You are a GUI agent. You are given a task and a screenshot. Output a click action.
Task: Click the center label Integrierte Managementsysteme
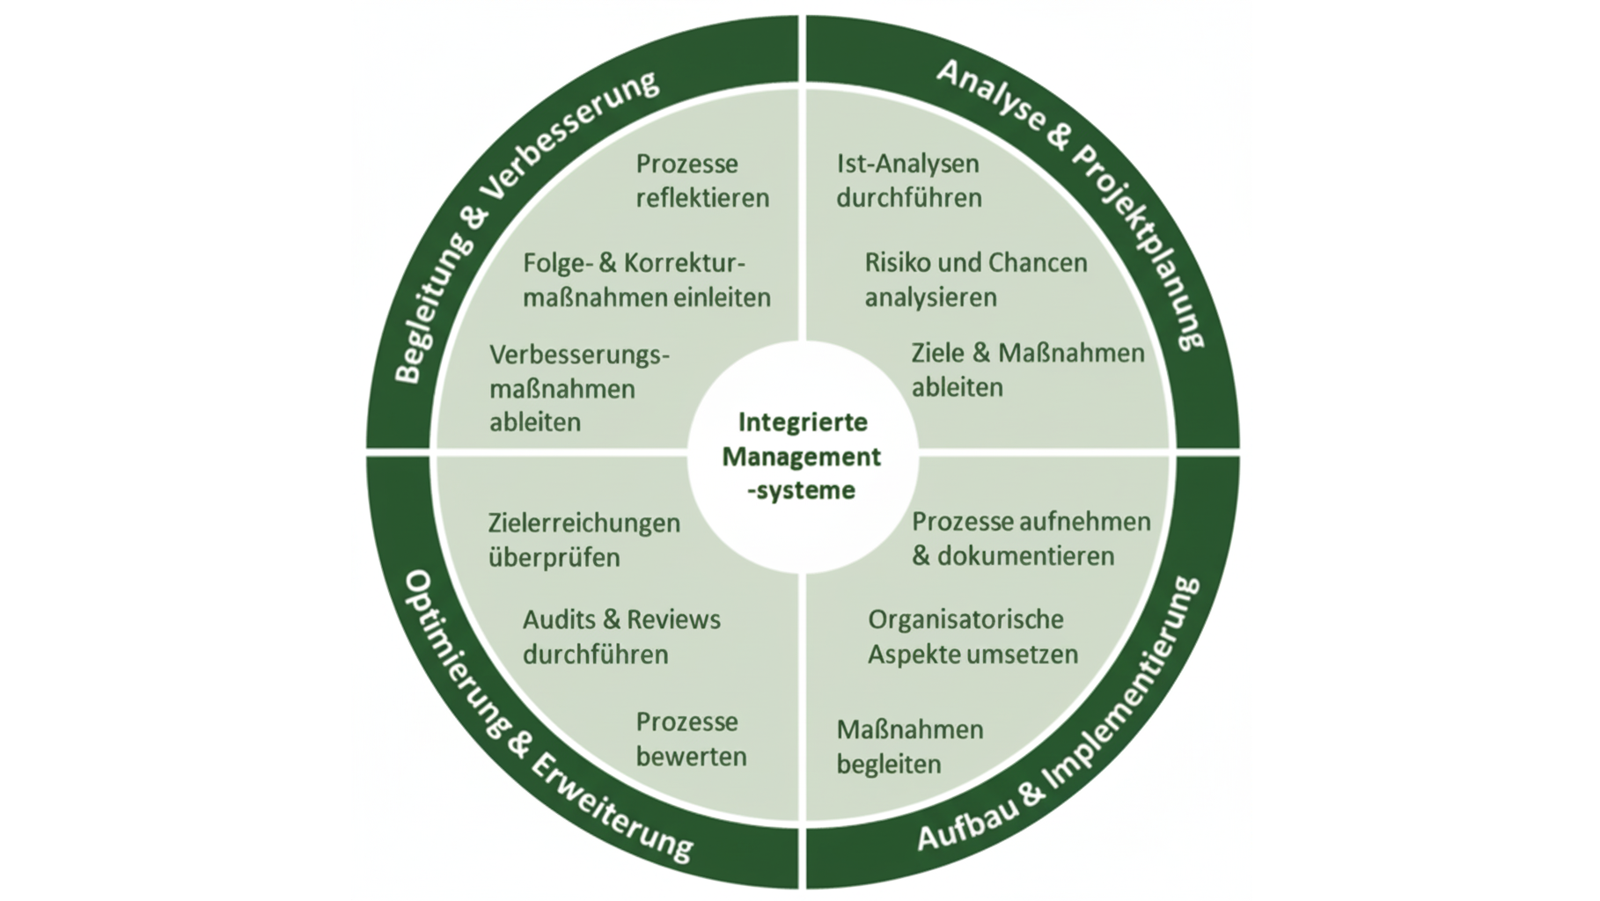(802, 457)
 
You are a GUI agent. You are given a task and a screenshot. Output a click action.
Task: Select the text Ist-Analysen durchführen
(908, 180)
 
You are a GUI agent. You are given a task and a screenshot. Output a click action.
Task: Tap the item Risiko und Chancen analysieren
(975, 280)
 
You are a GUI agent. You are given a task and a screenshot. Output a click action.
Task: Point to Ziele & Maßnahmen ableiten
(1027, 370)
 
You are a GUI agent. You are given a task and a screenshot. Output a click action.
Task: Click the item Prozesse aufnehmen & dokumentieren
(1031, 538)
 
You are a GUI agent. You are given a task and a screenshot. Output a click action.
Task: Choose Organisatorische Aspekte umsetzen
(972, 637)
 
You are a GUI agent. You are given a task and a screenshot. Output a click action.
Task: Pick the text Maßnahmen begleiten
(909, 747)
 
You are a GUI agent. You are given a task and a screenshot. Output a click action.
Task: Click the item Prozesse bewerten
(691, 739)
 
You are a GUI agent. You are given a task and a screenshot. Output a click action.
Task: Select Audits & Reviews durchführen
(621, 637)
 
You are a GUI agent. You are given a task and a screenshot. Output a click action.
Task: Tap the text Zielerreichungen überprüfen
(583, 539)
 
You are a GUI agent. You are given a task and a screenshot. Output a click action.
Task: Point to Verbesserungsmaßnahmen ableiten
(579, 388)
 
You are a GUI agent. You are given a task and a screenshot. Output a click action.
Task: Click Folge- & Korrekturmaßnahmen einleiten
(646, 280)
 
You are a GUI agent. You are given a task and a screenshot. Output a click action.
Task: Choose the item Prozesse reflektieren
(702, 180)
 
